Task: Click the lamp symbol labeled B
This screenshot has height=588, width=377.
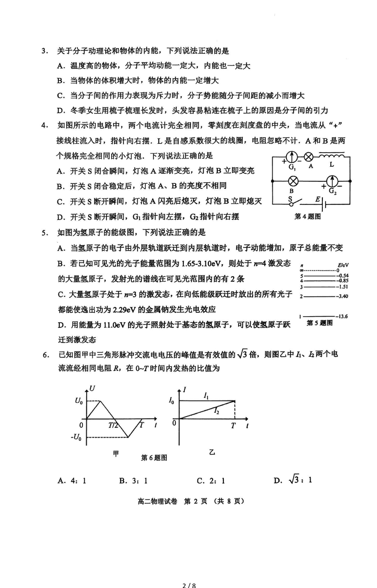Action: pyautogui.click(x=291, y=180)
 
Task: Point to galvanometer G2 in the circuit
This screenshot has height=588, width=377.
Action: pyautogui.click(x=333, y=180)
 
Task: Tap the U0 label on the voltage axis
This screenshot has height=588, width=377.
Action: pyautogui.click(x=79, y=401)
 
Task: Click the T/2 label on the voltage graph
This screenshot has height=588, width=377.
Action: pyautogui.click(x=113, y=425)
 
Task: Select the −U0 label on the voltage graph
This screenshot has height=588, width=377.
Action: pyautogui.click(x=77, y=437)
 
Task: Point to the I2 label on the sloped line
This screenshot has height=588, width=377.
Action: pyautogui.click(x=216, y=411)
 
